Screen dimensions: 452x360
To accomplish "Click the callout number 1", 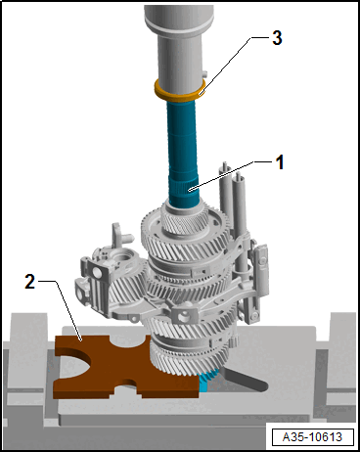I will (279, 163).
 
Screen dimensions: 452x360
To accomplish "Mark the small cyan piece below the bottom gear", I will (203, 383).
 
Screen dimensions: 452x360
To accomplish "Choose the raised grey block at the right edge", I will (342, 338).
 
